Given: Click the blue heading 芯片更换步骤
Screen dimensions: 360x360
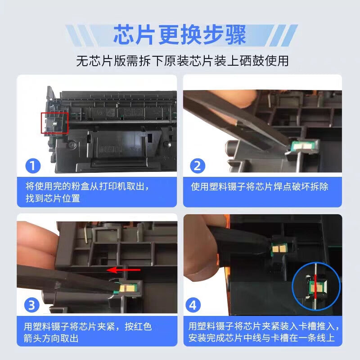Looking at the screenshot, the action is point(180,35).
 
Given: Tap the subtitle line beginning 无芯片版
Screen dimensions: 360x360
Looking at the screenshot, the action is point(182,61).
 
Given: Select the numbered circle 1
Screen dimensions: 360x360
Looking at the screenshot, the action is point(33,166).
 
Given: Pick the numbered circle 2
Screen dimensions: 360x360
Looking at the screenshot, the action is point(198,166).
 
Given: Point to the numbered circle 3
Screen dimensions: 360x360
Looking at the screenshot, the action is point(31,305).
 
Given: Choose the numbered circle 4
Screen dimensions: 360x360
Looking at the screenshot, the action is point(193,305).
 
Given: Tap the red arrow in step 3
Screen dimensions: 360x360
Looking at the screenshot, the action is point(123,270).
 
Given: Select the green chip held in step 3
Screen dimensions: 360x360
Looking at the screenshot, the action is point(126,288).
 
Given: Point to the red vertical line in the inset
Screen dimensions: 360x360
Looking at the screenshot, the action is point(316,286).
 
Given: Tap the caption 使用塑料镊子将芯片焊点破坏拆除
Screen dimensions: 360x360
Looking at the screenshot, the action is point(260,187).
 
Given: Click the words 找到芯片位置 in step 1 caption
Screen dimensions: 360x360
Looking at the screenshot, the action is point(53,198).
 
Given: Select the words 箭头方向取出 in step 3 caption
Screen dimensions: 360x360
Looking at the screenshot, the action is point(51,338).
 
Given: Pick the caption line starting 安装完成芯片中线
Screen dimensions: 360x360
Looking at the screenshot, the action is point(261,338).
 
